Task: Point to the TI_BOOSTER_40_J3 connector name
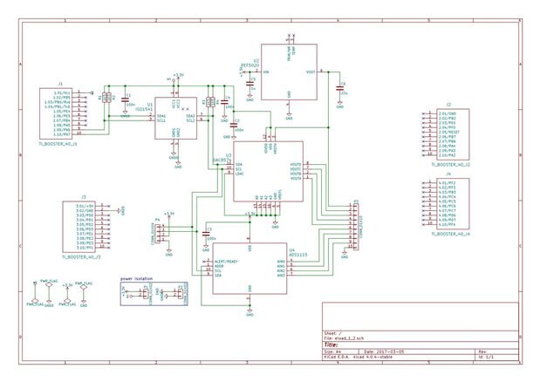(x=81, y=256)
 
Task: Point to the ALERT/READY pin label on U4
(x=225, y=261)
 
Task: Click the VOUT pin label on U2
(x=310, y=72)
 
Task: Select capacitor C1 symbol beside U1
(x=124, y=98)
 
